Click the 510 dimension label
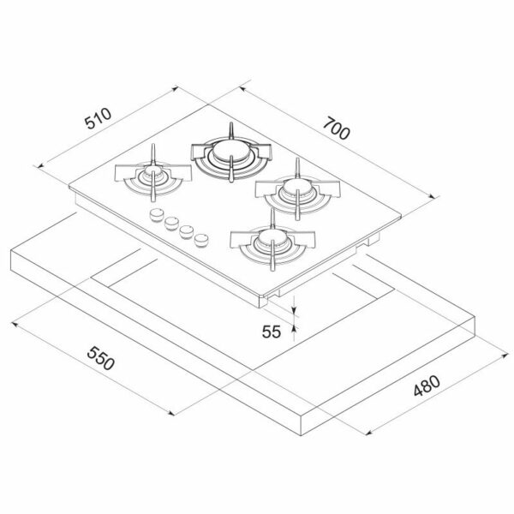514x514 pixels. (x=99, y=118)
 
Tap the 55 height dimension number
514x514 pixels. (x=272, y=332)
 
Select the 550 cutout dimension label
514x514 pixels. (x=101, y=358)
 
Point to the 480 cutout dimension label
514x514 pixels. (x=427, y=385)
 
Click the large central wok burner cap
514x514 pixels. (x=230, y=150)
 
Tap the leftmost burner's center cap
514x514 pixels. (x=152, y=170)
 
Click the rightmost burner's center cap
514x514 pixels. (x=297, y=187)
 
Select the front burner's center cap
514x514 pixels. (x=272, y=236)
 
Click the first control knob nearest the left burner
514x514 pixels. (x=157, y=215)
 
